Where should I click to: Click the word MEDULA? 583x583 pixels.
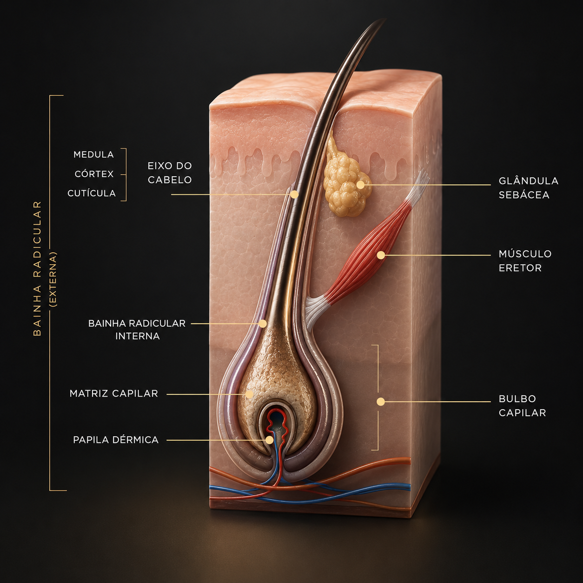click(93, 155)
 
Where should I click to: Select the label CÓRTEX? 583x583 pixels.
click(94, 174)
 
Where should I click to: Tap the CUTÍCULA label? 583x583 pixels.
click(92, 193)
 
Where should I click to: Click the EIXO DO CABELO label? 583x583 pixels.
click(170, 173)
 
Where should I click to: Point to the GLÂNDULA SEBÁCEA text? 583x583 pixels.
click(529, 188)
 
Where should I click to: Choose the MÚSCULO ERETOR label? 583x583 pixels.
click(525, 261)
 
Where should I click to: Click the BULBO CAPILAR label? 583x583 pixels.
click(523, 406)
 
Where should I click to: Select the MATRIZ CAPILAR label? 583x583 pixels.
click(114, 394)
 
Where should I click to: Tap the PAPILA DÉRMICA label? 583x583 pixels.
click(116, 440)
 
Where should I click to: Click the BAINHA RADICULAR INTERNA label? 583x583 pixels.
click(137, 330)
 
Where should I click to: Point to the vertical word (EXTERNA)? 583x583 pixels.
click(54, 280)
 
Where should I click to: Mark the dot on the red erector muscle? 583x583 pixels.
click(381, 255)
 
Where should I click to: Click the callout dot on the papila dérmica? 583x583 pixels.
click(269, 440)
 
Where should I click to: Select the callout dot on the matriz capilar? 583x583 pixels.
click(249, 394)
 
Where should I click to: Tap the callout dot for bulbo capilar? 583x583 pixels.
click(381, 402)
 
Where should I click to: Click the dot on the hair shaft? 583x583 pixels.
click(294, 194)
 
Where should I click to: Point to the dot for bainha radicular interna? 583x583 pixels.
click(263, 324)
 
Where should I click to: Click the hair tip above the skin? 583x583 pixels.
click(385, 19)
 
